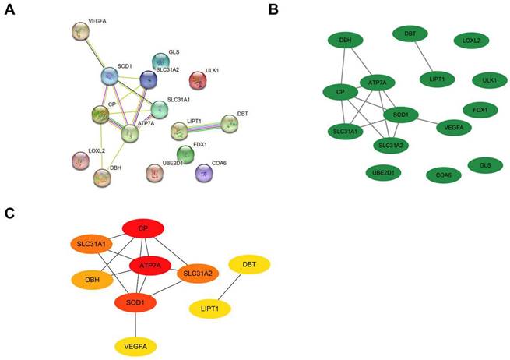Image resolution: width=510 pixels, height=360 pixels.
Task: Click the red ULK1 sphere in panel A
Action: (x=199, y=79)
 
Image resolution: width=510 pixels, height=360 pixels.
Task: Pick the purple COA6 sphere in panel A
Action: (x=204, y=171)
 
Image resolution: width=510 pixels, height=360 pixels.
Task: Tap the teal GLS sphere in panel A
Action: (x=160, y=61)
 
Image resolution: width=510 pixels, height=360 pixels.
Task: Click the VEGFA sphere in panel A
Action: (x=81, y=32)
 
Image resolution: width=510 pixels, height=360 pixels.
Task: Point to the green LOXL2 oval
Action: (x=472, y=39)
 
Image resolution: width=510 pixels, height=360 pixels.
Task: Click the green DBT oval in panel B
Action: (x=410, y=34)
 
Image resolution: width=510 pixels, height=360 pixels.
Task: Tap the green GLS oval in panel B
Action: (x=484, y=165)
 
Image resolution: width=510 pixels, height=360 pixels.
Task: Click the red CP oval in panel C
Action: (x=142, y=229)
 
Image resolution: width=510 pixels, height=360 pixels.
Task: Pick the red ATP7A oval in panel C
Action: (x=149, y=266)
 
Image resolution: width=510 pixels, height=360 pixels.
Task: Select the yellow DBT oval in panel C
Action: (x=249, y=265)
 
